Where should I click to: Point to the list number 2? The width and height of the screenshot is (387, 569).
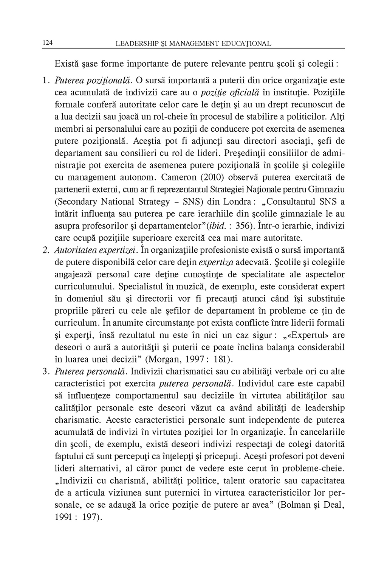coord(45,250)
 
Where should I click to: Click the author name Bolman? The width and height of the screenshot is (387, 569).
coord(293,505)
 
